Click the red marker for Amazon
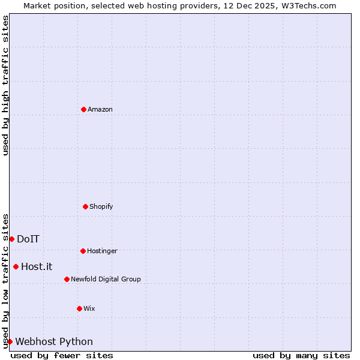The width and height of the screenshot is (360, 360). click(83, 109)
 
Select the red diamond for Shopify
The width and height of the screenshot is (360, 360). click(85, 206)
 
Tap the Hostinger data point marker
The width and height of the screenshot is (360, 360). click(83, 251)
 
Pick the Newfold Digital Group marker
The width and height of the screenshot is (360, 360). click(67, 279)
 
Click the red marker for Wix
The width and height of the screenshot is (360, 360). click(79, 308)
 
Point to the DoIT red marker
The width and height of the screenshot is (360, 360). click(11, 239)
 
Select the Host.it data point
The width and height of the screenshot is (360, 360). click(16, 266)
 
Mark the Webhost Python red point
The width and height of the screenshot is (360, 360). click(10, 341)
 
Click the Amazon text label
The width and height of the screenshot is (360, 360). click(100, 109)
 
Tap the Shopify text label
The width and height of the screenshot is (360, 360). click(101, 206)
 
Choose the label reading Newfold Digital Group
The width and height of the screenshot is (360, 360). click(106, 279)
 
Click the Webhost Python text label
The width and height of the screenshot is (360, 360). click(54, 341)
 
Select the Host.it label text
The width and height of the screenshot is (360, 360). click(37, 266)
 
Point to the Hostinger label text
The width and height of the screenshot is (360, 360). click(102, 251)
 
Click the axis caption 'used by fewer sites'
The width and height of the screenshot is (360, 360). click(62, 355)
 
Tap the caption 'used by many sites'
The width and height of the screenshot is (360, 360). click(301, 355)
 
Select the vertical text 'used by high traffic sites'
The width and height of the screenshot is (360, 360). click(5, 85)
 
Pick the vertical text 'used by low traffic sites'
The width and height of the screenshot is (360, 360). click(5, 280)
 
